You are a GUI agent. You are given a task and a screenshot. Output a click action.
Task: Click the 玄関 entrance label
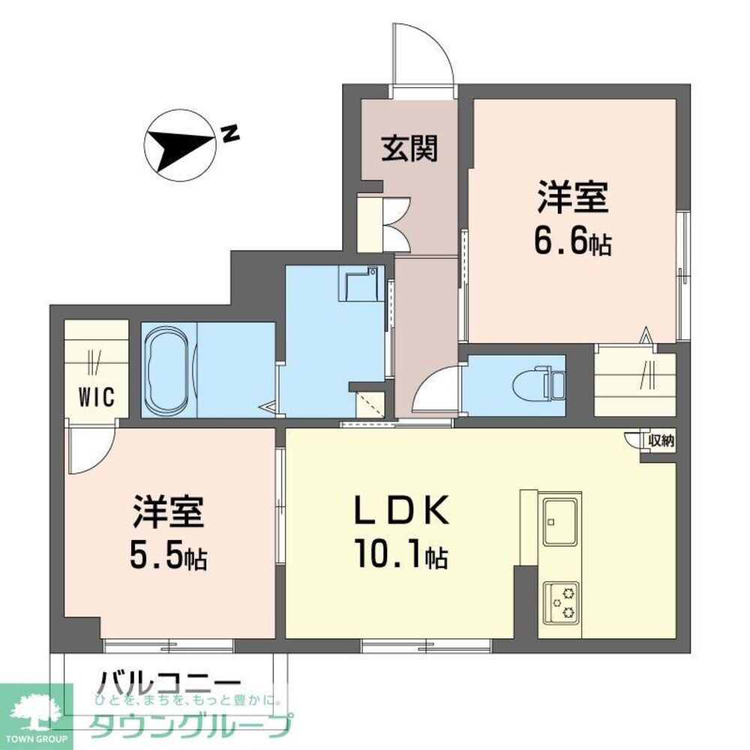(409, 150)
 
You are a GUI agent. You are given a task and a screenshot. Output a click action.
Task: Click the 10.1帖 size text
(403, 556)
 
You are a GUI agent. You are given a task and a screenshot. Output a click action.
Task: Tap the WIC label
(97, 397)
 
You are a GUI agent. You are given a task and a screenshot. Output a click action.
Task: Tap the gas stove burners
(560, 601)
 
